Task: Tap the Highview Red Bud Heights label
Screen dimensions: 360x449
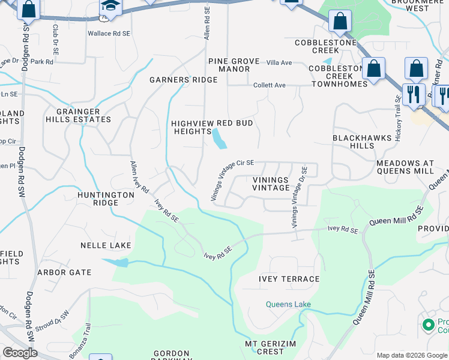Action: (212, 127)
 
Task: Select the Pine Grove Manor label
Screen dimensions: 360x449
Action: (229, 65)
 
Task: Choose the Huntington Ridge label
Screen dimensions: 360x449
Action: (106, 199)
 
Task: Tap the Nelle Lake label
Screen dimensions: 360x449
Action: (106, 245)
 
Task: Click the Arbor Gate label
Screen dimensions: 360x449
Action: (64, 272)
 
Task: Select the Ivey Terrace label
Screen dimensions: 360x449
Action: (289, 279)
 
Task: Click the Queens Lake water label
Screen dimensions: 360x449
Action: (289, 304)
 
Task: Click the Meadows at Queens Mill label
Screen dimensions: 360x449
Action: (405, 167)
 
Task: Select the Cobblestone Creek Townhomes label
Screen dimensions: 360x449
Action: (338, 76)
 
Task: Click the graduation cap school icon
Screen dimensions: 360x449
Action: (110, 7)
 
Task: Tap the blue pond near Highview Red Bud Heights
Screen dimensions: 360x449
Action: (218, 140)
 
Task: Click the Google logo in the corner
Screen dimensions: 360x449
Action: (20, 353)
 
